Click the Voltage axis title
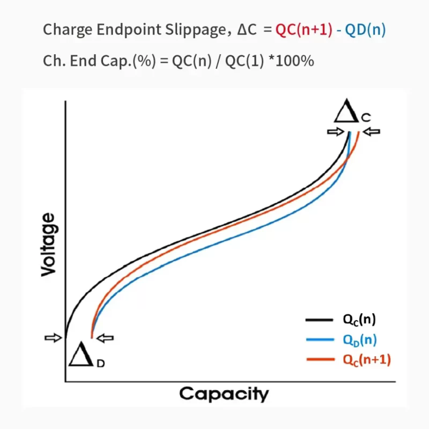(48, 244)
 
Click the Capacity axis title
(224, 394)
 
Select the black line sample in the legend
(320, 320)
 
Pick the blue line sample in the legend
(320, 339)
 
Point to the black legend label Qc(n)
(359, 320)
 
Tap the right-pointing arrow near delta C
(335, 131)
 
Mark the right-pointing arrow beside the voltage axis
(53, 337)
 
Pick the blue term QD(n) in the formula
(365, 30)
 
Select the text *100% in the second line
(291, 61)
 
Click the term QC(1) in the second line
(245, 61)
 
